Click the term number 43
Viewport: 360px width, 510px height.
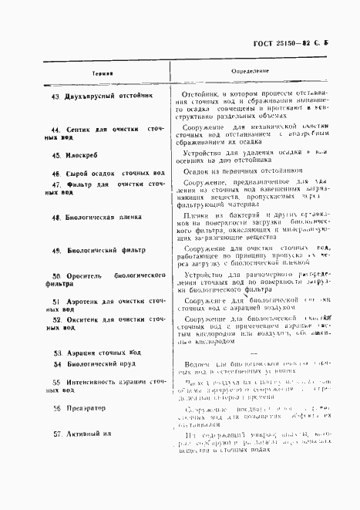pos(55,97)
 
